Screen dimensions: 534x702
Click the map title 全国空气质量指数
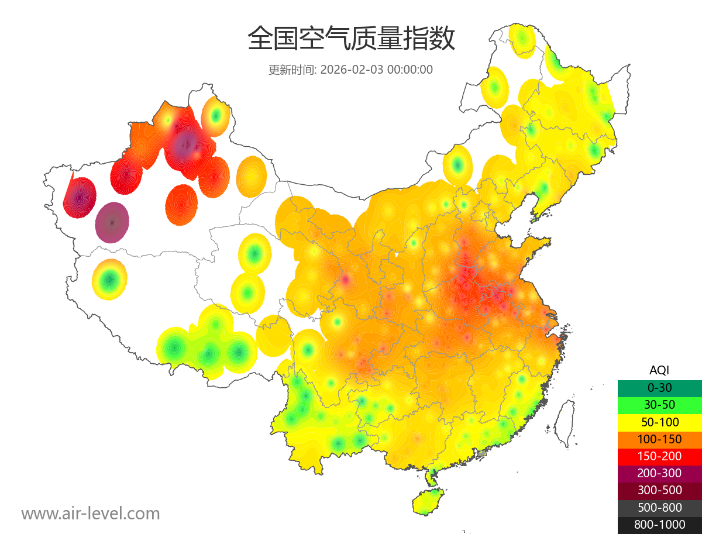pyautogui.click(x=351, y=39)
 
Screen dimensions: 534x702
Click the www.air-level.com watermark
pyautogui.click(x=91, y=514)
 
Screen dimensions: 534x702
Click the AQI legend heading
pyautogui.click(x=659, y=370)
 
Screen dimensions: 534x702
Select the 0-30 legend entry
pyautogui.click(x=659, y=388)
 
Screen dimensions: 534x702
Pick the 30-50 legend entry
pyautogui.click(x=659, y=405)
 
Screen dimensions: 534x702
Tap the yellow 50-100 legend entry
pyautogui.click(x=659, y=422)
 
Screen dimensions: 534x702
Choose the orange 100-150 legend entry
pyautogui.click(x=659, y=439)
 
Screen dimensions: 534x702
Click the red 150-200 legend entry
pyautogui.click(x=659, y=456)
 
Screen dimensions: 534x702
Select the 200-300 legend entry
pyautogui.click(x=659, y=473)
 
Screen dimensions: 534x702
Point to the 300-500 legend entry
pyautogui.click(x=659, y=490)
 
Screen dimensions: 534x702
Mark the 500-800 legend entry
pyautogui.click(x=659, y=507)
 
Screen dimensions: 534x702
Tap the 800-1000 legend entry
pyautogui.click(x=659, y=525)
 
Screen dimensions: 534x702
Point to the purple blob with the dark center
pyautogui.click(x=112, y=222)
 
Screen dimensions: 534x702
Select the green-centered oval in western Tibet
pyautogui.click(x=109, y=280)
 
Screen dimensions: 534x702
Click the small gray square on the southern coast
pyautogui.click(x=481, y=453)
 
